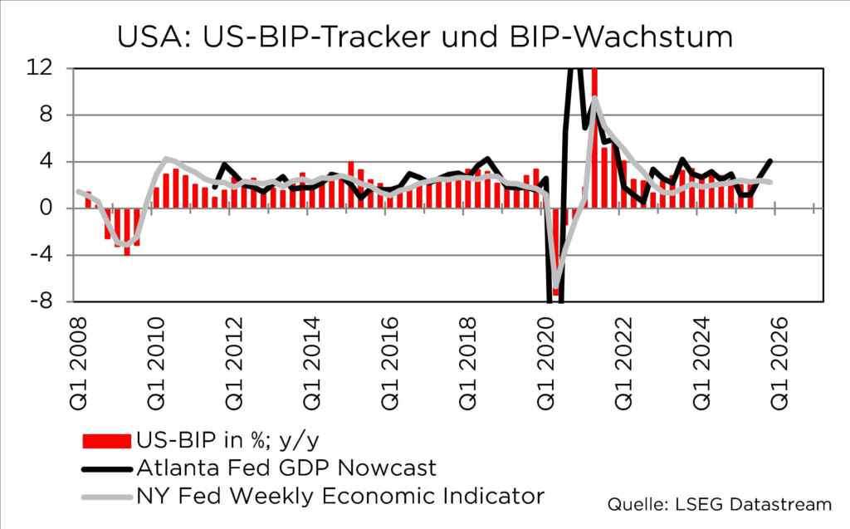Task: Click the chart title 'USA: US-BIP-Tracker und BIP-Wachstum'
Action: pyautogui.click(x=425, y=37)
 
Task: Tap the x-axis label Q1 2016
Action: pyautogui.click(x=391, y=355)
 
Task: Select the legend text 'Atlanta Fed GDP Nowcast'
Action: pyautogui.click(x=286, y=467)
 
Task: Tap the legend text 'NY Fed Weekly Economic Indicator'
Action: pyautogui.click(x=341, y=496)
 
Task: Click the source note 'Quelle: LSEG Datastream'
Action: pyautogui.click(x=720, y=503)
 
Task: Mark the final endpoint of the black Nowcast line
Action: pyautogui.click(x=771, y=160)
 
